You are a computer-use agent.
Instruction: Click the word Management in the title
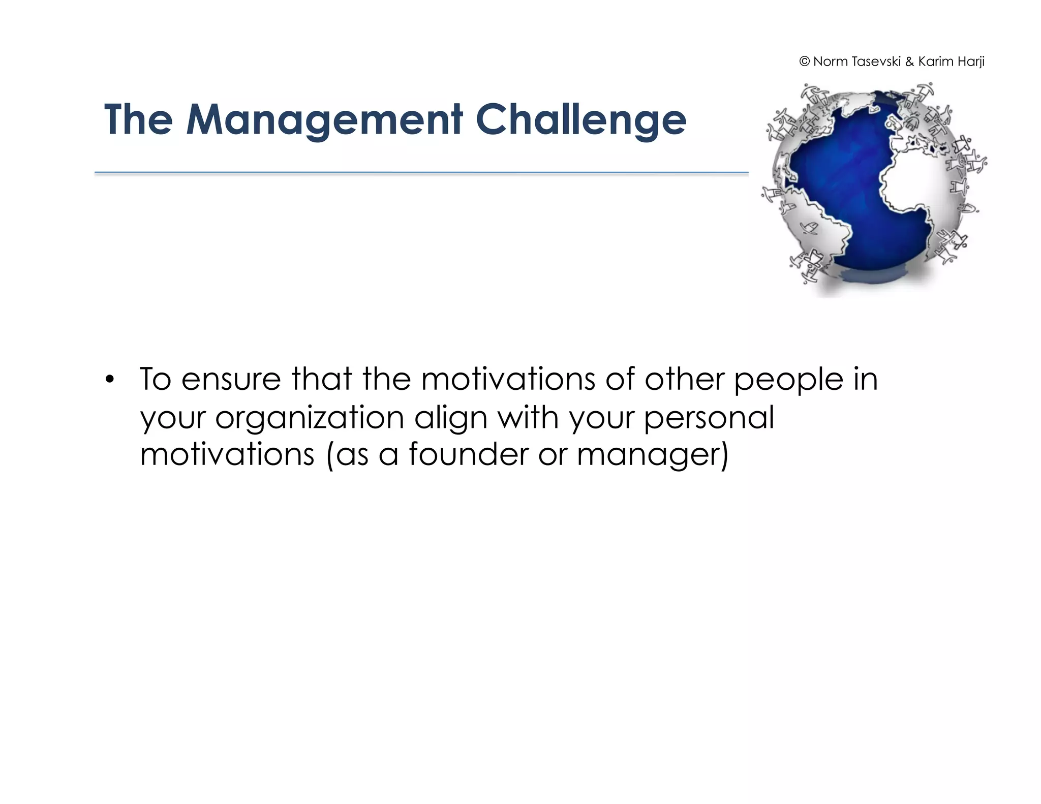tap(324, 120)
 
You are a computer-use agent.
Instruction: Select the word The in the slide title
tap(138, 120)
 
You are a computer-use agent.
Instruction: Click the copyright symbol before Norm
tap(804, 62)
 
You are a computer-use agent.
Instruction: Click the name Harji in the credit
tap(970, 62)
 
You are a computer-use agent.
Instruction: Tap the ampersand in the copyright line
tap(909, 62)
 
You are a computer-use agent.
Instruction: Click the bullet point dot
tap(109, 380)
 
